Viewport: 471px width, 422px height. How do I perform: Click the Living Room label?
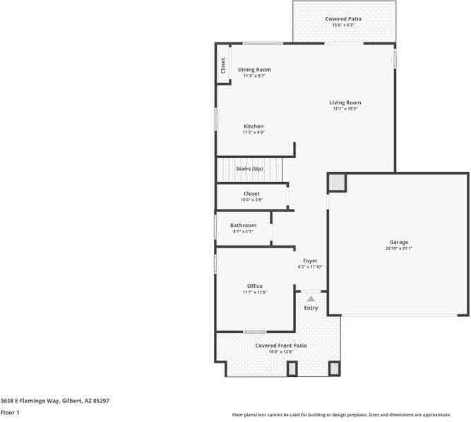coord(345,103)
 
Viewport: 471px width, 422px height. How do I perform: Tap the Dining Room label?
coord(254,70)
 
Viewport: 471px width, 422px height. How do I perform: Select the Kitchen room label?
coord(254,126)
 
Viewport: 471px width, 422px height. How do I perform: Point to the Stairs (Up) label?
coord(249,169)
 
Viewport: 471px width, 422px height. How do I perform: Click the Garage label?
coord(398,242)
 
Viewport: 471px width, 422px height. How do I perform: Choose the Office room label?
coord(255,286)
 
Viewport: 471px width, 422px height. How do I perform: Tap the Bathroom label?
coord(243,225)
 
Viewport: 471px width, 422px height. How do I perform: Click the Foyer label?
coord(310,260)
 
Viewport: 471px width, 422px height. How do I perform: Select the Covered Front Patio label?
coord(281,345)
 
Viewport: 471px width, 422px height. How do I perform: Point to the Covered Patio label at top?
coord(343,18)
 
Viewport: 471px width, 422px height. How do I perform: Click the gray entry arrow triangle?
coord(311,299)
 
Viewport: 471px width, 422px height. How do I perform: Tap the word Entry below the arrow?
coord(311,308)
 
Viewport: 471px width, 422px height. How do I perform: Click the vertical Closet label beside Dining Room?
coord(223,66)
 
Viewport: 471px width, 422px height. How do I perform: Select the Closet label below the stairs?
coord(251,193)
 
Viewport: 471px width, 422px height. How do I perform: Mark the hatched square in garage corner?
coord(337,183)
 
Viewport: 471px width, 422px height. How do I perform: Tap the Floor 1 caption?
coord(10,411)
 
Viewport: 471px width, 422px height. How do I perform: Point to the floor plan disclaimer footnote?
coord(351,415)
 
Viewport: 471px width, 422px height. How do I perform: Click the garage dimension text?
coord(398,248)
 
